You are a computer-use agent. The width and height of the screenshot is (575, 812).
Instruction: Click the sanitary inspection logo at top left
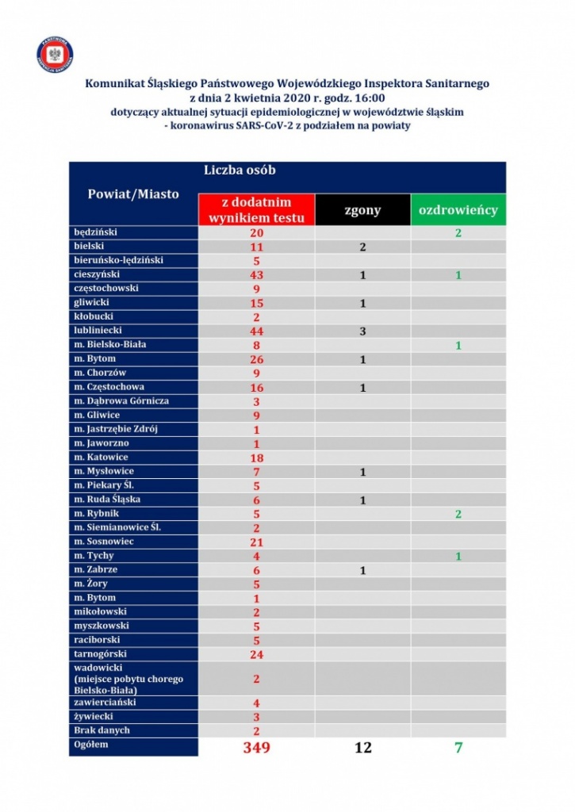[x=55, y=54]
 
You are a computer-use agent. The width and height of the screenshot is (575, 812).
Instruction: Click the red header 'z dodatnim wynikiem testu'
[x=256, y=210]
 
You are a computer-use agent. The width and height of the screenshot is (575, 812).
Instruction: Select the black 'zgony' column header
[x=362, y=210]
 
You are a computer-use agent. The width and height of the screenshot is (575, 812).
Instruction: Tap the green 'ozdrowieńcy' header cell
[x=458, y=210]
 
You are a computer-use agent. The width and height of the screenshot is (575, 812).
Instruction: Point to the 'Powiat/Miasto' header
[x=132, y=193]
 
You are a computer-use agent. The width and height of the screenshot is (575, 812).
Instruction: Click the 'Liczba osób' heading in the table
[x=240, y=170]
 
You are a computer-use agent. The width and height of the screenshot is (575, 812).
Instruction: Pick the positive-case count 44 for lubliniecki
[x=256, y=331]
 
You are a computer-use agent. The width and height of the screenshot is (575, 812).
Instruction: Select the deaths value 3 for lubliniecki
[x=362, y=331]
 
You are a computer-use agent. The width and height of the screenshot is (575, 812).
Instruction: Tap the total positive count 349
[x=256, y=748]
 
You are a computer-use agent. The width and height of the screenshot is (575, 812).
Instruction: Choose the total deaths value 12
[x=362, y=748]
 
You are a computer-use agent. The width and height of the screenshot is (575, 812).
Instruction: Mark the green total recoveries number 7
[x=458, y=748]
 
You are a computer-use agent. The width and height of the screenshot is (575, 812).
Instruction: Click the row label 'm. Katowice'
[x=101, y=458]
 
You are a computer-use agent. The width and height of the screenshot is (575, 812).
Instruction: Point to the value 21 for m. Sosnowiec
[x=256, y=542]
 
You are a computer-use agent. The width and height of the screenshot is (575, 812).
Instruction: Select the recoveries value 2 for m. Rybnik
[x=458, y=514]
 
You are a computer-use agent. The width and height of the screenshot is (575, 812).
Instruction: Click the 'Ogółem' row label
[x=90, y=745]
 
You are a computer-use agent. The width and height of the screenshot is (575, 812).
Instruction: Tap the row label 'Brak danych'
[x=102, y=730]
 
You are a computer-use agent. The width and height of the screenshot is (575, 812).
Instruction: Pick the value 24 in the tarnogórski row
[x=256, y=654]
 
